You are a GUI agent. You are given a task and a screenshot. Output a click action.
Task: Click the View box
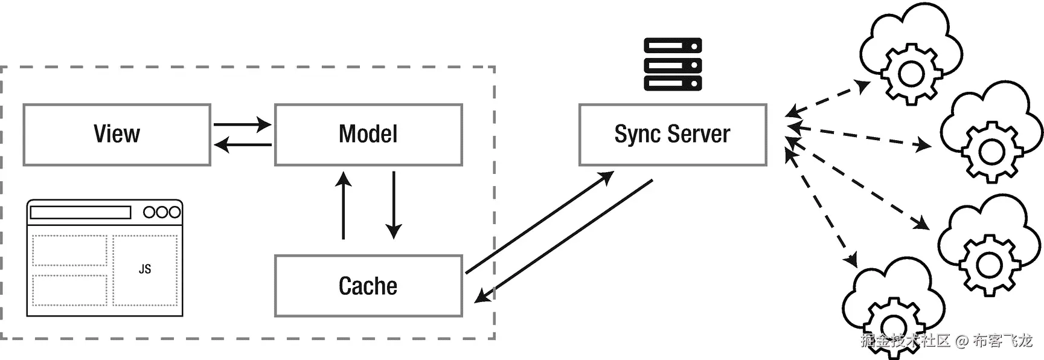[117, 135]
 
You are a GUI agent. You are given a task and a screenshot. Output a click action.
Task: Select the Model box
[368, 135]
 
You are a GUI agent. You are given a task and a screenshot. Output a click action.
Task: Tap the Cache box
[368, 286]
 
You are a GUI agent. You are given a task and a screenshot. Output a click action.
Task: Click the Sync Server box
[673, 135]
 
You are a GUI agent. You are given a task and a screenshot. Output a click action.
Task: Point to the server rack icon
[673, 64]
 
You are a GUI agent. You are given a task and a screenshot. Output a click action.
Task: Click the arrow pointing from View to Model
[242, 125]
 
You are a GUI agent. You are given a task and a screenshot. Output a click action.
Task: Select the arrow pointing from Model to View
[242, 145]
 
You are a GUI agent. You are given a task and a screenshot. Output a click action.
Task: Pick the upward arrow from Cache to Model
[344, 205]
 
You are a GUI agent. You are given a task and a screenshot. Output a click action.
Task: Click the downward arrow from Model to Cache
[394, 205]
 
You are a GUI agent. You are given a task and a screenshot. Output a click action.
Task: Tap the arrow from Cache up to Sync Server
[539, 222]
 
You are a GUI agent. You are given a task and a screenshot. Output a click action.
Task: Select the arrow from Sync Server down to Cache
[565, 240]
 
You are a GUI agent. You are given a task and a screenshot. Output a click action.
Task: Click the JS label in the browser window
[145, 269]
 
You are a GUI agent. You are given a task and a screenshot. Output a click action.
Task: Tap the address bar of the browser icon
[80, 213]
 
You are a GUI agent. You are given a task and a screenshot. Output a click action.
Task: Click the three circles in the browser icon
[162, 213]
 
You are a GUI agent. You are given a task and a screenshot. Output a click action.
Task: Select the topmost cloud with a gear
[911, 54]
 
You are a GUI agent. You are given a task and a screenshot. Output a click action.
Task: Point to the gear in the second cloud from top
[991, 152]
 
